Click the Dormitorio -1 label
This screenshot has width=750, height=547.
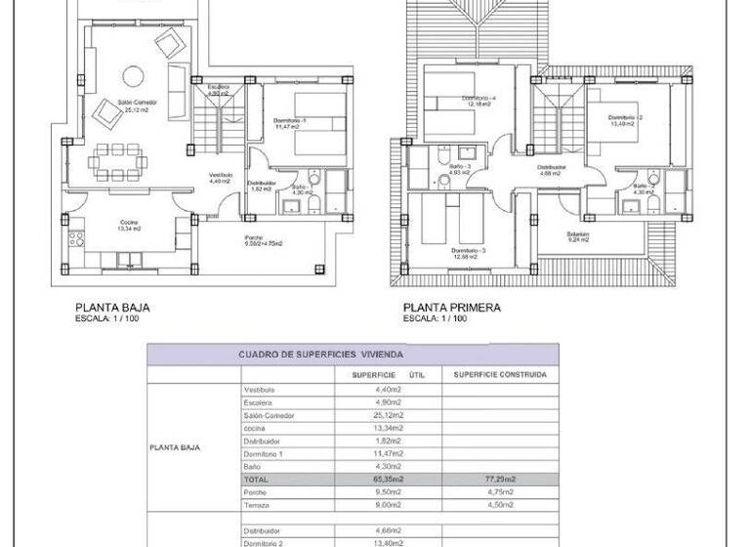(291, 120)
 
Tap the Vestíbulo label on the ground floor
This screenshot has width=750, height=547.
(220, 177)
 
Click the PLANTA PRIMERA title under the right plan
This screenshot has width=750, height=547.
(451, 307)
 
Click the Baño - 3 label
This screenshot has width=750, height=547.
(462, 168)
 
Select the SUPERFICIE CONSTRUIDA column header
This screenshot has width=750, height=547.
(500, 374)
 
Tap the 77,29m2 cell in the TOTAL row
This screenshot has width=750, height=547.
(500, 480)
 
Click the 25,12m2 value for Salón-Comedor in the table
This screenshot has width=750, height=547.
(388, 415)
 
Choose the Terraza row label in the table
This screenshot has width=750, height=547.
(257, 504)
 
